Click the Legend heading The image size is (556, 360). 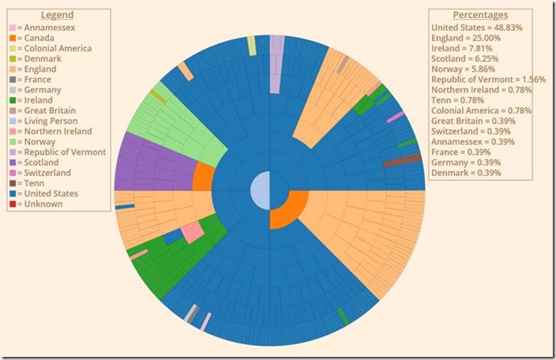tap(57, 15)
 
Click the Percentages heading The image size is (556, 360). tap(480, 15)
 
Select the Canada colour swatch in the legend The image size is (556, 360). tap(13, 38)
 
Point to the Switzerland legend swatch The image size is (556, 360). tap(13, 172)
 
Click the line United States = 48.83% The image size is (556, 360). tap(476, 27)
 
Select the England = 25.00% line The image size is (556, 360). tap(466, 37)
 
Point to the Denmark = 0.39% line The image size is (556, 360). tap(466, 172)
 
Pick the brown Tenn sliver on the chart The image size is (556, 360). tap(402, 161)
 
